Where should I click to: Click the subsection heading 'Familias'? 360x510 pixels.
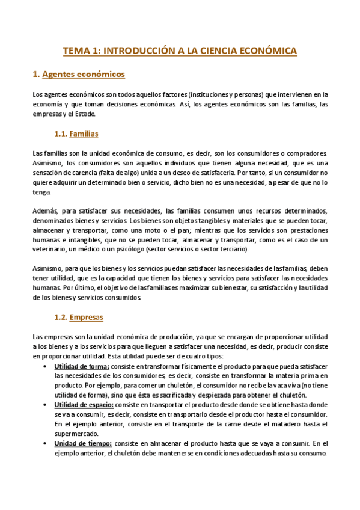point(84,133)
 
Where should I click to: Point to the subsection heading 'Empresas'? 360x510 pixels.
point(87,317)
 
